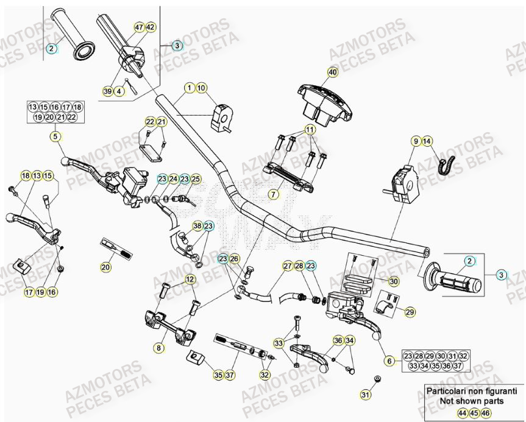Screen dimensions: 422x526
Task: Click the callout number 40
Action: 332,72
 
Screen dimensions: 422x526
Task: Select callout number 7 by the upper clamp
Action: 273,194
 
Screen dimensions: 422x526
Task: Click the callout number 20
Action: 106,266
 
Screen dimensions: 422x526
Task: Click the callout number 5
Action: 55,138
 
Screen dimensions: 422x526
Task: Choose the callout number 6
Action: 389,361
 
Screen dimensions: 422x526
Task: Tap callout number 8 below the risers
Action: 158,348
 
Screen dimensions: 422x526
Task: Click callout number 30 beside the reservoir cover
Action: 393,281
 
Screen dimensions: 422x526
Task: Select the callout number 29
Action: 410,312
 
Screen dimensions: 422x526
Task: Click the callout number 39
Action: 107,91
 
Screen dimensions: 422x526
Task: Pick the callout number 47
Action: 140,27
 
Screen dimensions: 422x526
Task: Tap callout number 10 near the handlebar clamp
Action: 202,88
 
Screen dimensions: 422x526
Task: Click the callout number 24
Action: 173,178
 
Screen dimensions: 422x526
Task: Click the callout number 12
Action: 190,280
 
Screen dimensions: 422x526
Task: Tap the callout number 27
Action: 287,266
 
